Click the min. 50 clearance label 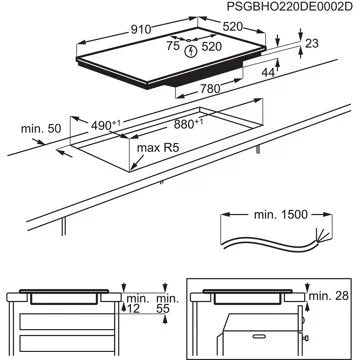click(40, 129)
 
